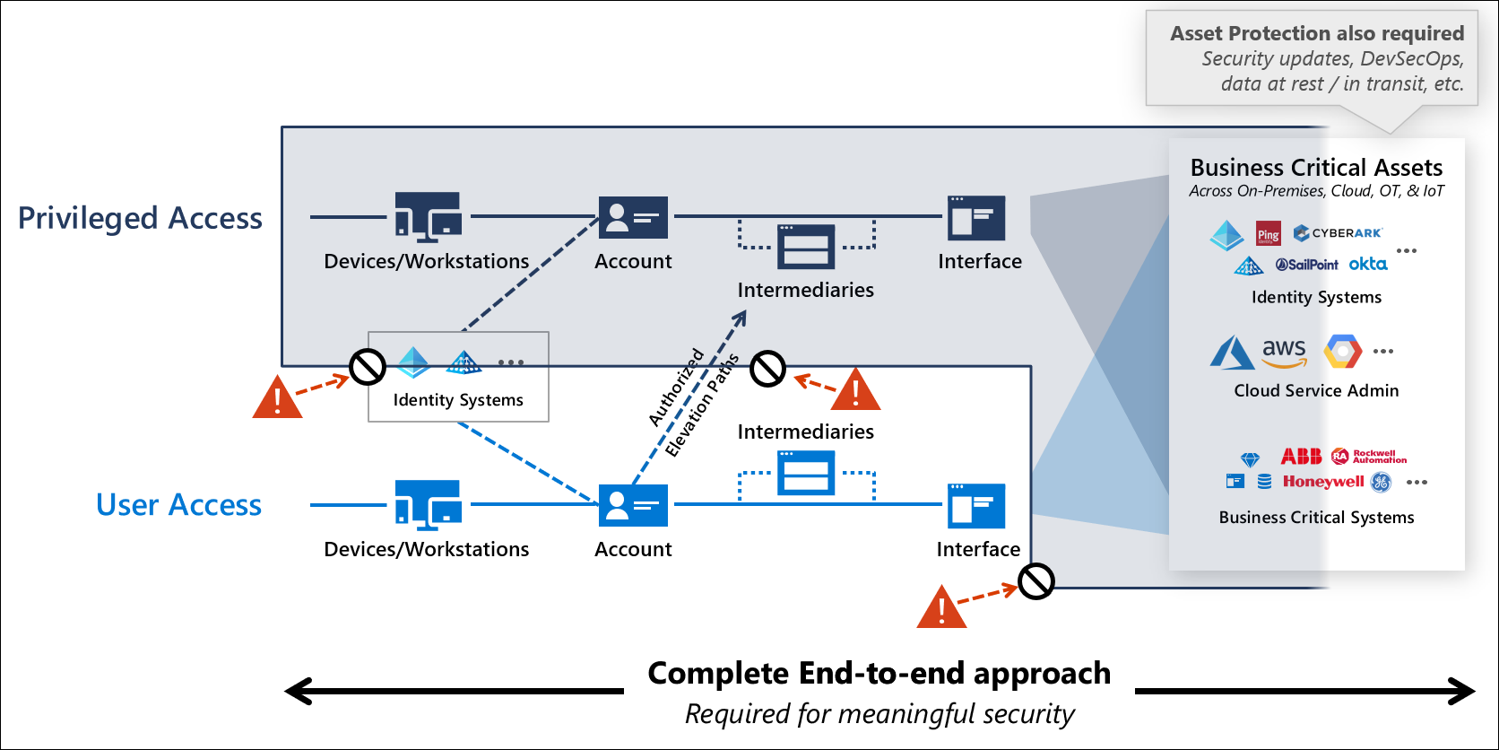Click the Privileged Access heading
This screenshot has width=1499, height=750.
coord(140,218)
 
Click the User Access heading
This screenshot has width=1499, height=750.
coord(178,505)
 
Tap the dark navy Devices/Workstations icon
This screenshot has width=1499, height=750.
coord(429,216)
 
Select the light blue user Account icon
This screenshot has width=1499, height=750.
coord(633,504)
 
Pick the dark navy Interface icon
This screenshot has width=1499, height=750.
coord(976,217)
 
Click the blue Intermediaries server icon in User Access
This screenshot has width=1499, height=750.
coord(806,473)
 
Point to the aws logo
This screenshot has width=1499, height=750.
coord(1284,351)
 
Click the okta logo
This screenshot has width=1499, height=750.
coord(1368,264)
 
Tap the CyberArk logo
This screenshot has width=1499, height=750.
coord(1339,233)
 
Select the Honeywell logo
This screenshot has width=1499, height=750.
coord(1323,482)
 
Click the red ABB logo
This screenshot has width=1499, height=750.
coord(1301,457)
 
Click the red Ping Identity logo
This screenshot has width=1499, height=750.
coord(1268,234)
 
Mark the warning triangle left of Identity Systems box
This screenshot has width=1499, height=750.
coord(277,398)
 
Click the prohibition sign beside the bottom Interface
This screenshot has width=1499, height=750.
coord(1036,581)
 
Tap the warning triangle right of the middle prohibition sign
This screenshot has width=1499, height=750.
coord(855,391)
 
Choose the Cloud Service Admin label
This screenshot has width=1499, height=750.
coord(1315,390)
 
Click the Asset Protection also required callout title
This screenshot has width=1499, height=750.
coord(1316,33)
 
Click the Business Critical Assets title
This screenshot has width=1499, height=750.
coord(1316,168)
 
